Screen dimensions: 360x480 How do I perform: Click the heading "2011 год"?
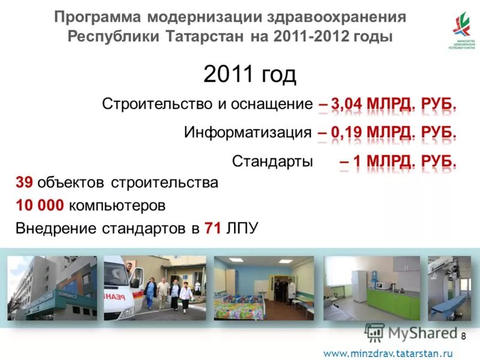pos(250,75)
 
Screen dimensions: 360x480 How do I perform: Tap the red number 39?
pos(24,182)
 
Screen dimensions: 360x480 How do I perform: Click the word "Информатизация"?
pos(248,133)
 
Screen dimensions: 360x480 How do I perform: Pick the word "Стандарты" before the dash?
pos(272,161)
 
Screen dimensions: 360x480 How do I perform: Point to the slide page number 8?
pos(463,336)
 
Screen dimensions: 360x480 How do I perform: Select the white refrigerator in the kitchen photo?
pos(358,286)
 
